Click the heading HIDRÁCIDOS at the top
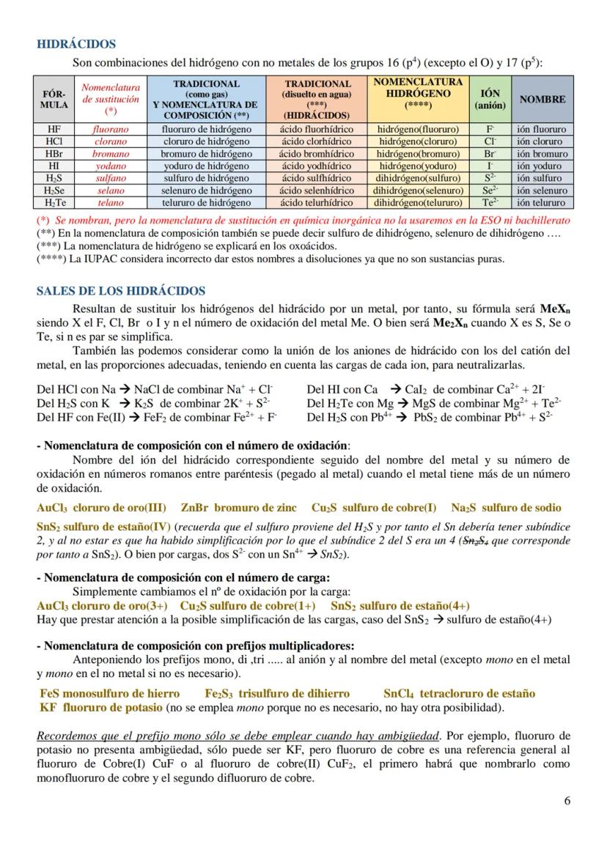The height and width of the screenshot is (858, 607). coord(76,45)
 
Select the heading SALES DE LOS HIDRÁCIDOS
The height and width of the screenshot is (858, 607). coord(121,291)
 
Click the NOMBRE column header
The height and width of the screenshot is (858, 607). coord(542,99)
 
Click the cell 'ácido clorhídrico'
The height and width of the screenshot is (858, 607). coord(317,141)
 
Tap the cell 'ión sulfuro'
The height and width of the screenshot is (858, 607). coord(539,178)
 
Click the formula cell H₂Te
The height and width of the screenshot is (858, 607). coord(54,203)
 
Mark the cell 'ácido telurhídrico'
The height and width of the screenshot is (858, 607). coord(317,203)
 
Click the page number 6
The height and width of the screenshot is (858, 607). coord(567,800)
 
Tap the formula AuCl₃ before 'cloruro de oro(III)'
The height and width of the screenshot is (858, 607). coord(51,508)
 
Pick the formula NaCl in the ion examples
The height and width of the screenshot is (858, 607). coord(150,390)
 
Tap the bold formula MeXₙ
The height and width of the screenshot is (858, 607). coord(555,309)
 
